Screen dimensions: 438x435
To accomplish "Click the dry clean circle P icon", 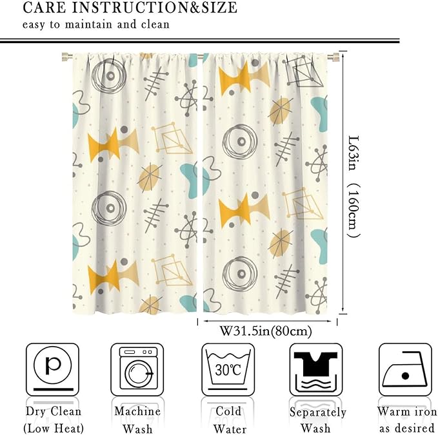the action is [x=52, y=369].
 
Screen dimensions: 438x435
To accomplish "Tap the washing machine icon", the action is [x=137, y=369].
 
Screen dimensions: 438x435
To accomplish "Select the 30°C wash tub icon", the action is [x=228, y=369].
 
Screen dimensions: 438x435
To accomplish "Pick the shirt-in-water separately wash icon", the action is [x=316, y=369].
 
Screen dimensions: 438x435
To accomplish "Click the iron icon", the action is [x=405, y=369].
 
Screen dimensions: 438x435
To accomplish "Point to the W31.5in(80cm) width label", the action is [x=266, y=331].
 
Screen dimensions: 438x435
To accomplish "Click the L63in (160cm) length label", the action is [x=353, y=186].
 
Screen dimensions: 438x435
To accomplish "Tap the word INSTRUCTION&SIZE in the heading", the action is [x=155, y=8].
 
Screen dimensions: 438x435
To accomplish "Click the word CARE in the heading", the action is [x=45, y=8].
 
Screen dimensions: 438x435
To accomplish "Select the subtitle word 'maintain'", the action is [x=88, y=24].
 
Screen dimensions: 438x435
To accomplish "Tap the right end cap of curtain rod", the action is [x=333, y=57].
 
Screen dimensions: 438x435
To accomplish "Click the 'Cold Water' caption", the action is [x=230, y=420].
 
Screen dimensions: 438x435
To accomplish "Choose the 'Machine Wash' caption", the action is [x=137, y=420].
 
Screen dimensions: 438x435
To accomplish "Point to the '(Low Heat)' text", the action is [x=54, y=429].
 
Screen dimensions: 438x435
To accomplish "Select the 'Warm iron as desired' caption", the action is [x=406, y=420].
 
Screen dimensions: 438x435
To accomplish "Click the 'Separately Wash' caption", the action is [x=317, y=420].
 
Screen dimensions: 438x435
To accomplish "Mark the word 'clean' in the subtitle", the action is [x=155, y=24].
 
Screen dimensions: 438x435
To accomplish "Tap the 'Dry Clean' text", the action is [x=54, y=412].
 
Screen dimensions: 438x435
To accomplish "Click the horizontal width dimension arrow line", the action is [x=267, y=321].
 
